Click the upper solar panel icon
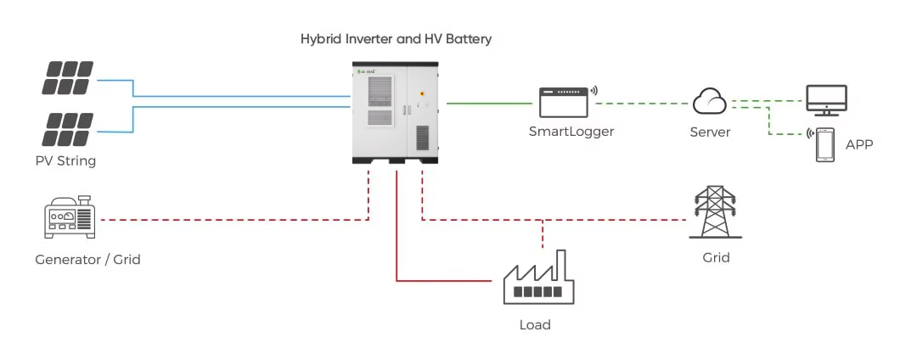point(69,77)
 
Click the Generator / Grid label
point(87,259)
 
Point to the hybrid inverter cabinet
point(397,112)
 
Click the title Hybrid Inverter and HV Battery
point(396,39)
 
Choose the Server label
point(710,132)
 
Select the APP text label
point(859,145)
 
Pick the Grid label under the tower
point(717,257)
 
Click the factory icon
point(535,278)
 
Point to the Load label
point(535,325)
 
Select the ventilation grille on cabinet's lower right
point(422,138)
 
